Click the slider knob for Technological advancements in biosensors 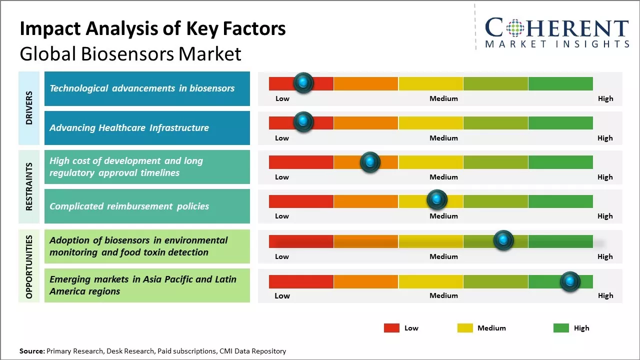[x=303, y=82]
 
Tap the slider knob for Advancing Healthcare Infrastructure [x=303, y=121]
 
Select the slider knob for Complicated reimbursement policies [x=437, y=200]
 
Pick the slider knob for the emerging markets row [x=569, y=281]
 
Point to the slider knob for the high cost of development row [x=370, y=162]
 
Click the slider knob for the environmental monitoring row [x=503, y=240]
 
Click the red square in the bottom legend [x=391, y=328]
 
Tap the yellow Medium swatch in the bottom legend [x=465, y=328]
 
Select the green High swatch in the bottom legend [x=561, y=328]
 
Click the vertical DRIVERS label [x=29, y=108]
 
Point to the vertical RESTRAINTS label [x=29, y=186]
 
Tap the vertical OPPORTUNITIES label [x=29, y=266]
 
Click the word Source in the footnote [x=31, y=351]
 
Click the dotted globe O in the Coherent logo [x=515, y=27]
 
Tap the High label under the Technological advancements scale [x=605, y=98]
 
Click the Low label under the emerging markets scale [x=282, y=295]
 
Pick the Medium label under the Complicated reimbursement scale [x=443, y=216]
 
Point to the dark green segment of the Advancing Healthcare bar [x=560, y=123]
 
